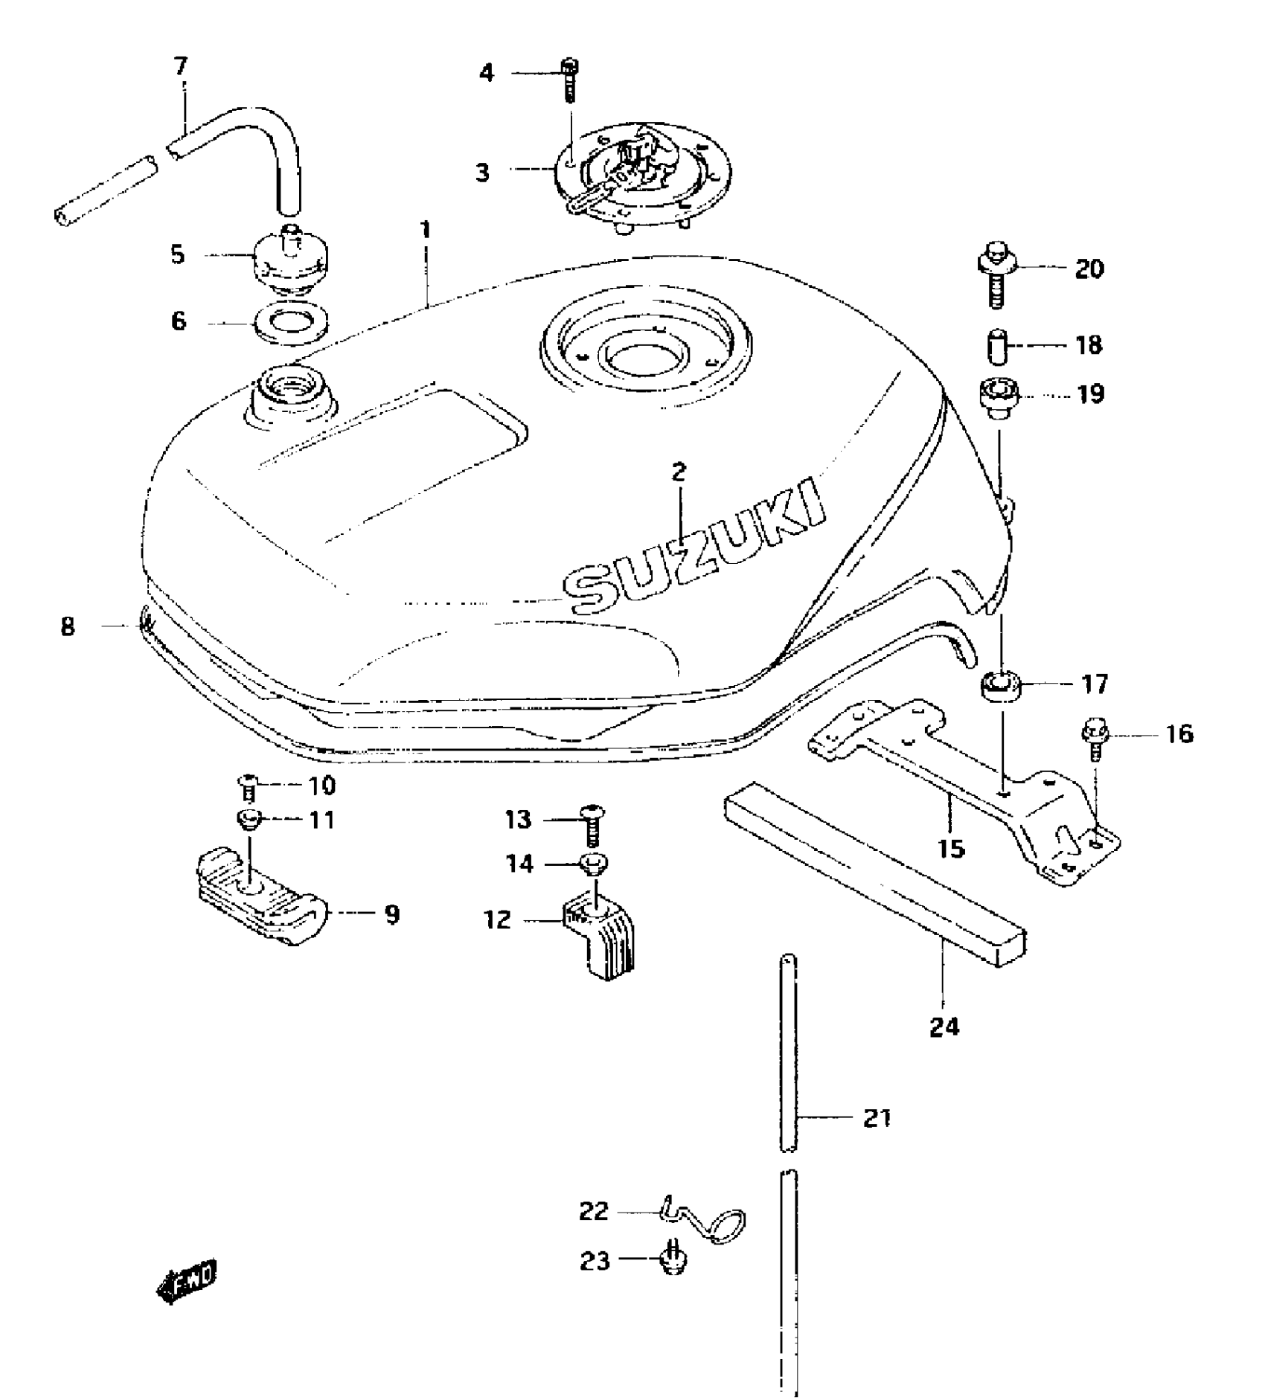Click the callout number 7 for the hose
181,66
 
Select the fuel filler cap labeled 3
641,179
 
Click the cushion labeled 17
1001,684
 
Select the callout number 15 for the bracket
952,848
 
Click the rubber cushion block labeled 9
260,896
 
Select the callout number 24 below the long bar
944,1027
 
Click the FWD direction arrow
187,1280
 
